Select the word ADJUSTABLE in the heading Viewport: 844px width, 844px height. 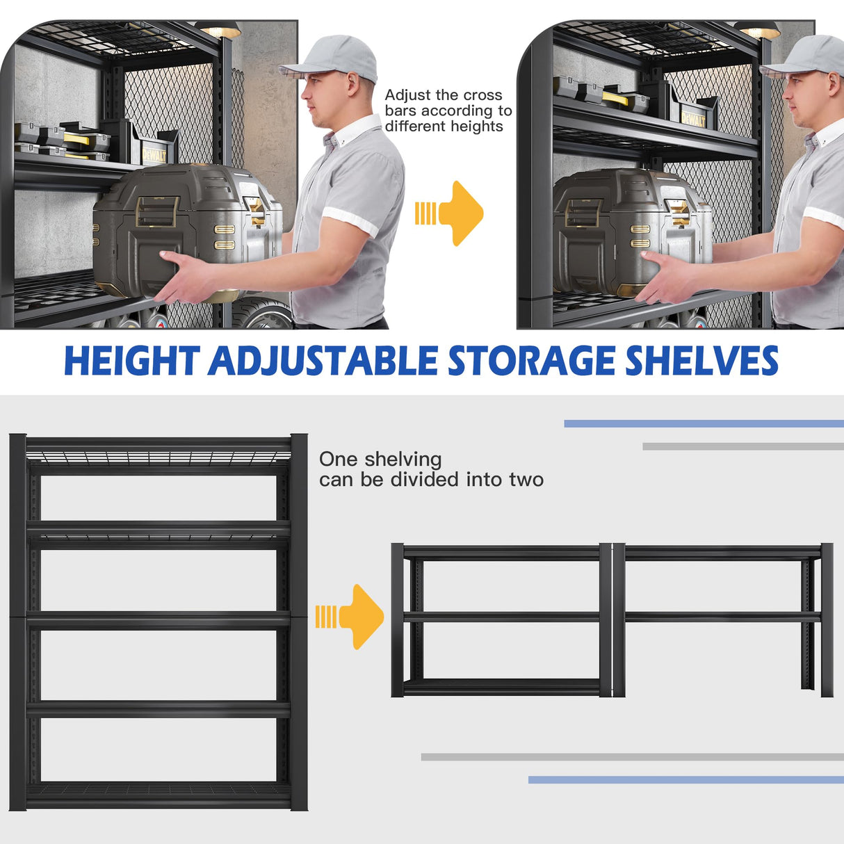(x=323, y=361)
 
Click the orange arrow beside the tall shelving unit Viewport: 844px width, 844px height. (x=351, y=617)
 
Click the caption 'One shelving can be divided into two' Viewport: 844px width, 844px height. (x=430, y=469)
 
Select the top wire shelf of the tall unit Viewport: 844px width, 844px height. (x=159, y=457)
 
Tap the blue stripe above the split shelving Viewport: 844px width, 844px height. (x=704, y=423)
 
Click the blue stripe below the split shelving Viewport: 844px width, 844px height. (x=685, y=780)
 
